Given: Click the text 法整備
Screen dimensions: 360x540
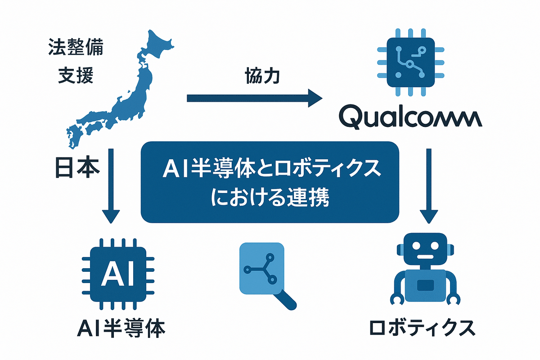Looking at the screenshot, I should click(x=75, y=48).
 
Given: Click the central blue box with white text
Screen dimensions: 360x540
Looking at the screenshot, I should click(x=270, y=182).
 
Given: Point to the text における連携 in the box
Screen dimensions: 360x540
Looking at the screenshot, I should click(x=270, y=198).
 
